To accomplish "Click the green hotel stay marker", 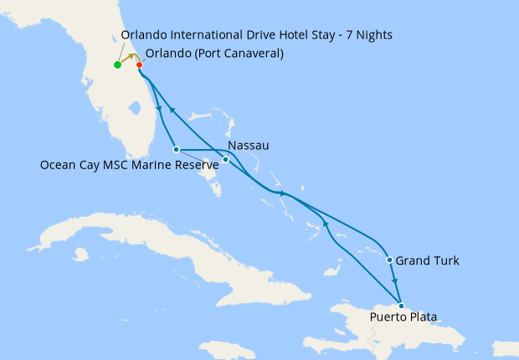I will click(117, 64).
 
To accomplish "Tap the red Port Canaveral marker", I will click(139, 64).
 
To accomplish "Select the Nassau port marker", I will click(225, 159).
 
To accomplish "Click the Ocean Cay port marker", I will click(177, 149).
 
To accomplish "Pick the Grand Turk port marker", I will click(390, 260).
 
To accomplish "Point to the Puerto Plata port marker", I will click(401, 305).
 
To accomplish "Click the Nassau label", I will click(249, 146).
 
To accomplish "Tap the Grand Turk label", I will click(427, 261).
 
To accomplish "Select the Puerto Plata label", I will click(403, 316).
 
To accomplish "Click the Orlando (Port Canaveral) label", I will click(214, 54).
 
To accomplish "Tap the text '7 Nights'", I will click(368, 34).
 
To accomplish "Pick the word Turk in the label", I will click(444, 261).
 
